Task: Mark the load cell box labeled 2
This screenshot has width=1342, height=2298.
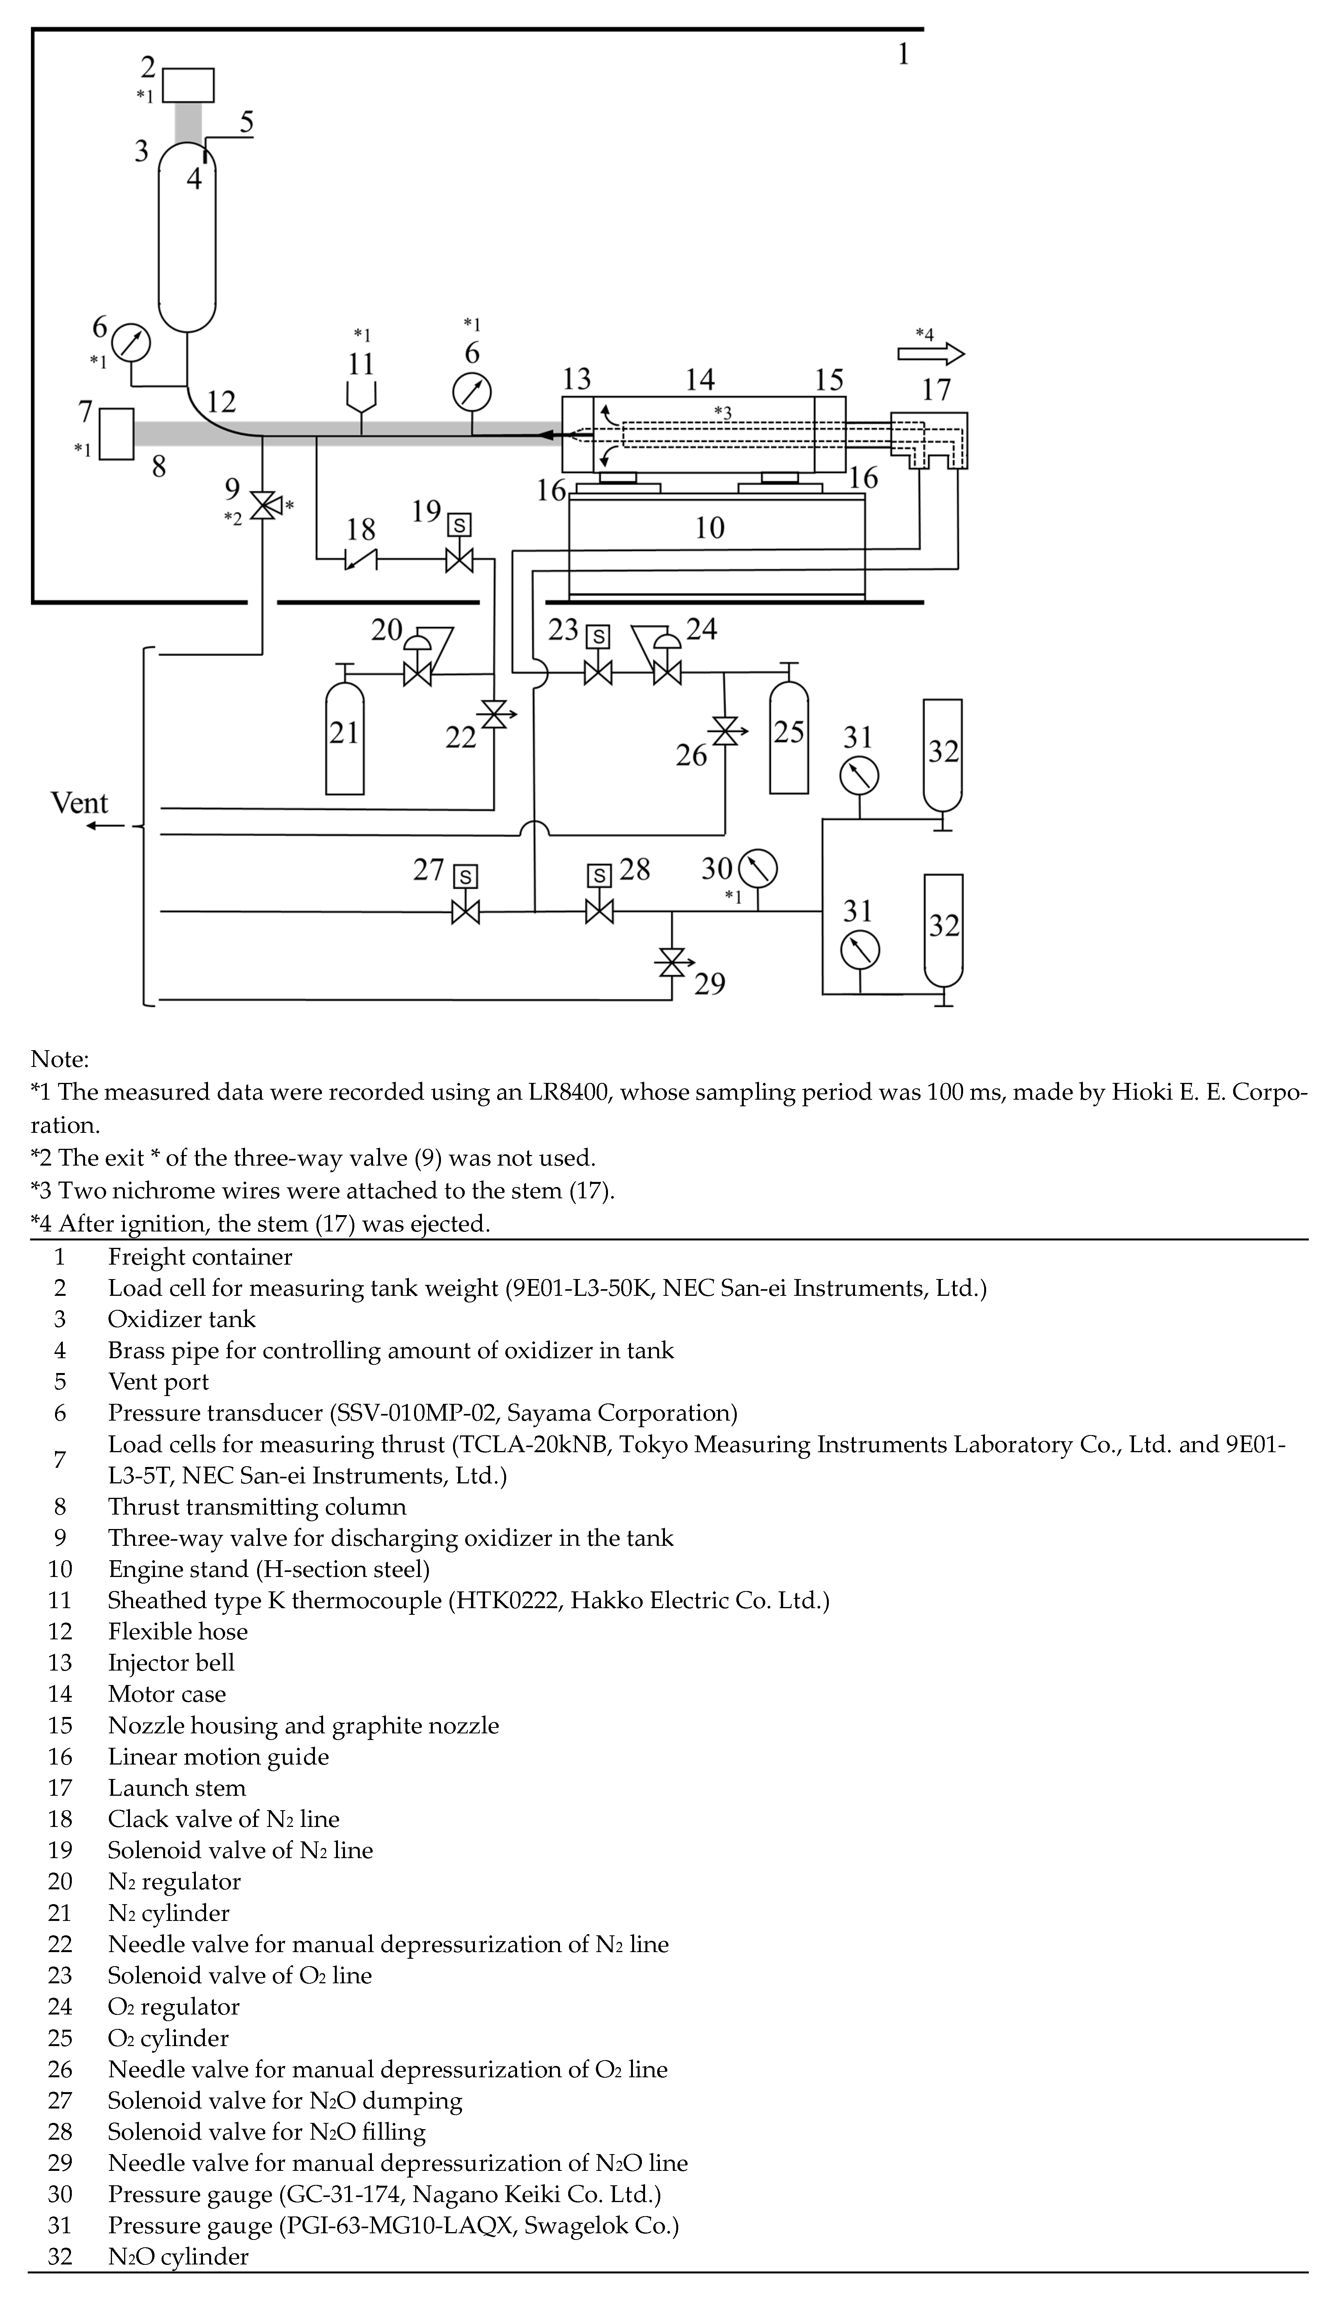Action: pyautogui.click(x=189, y=85)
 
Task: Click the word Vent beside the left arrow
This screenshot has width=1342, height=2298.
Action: pyautogui.click(x=79, y=803)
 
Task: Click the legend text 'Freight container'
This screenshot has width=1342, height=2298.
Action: pyautogui.click(x=200, y=1256)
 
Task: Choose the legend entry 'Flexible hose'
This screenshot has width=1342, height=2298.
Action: pyautogui.click(x=178, y=1632)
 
